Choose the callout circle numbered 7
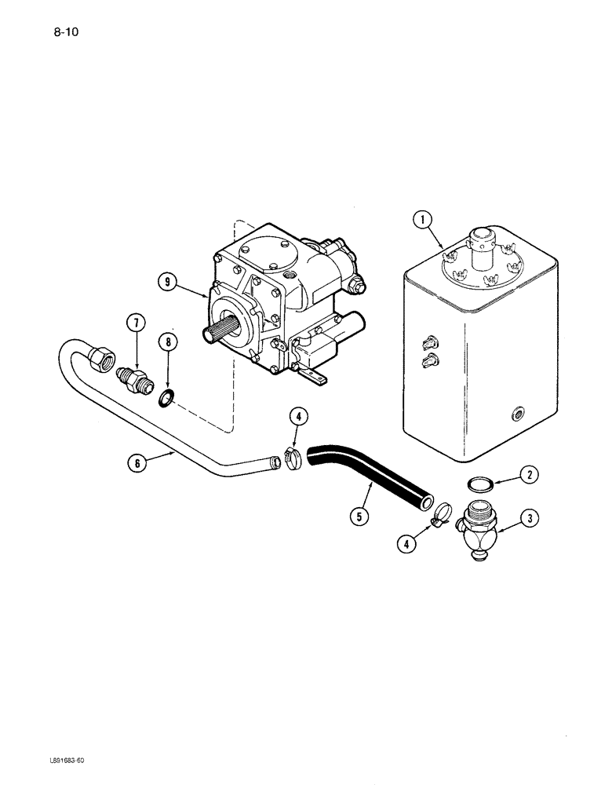pos(137,323)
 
